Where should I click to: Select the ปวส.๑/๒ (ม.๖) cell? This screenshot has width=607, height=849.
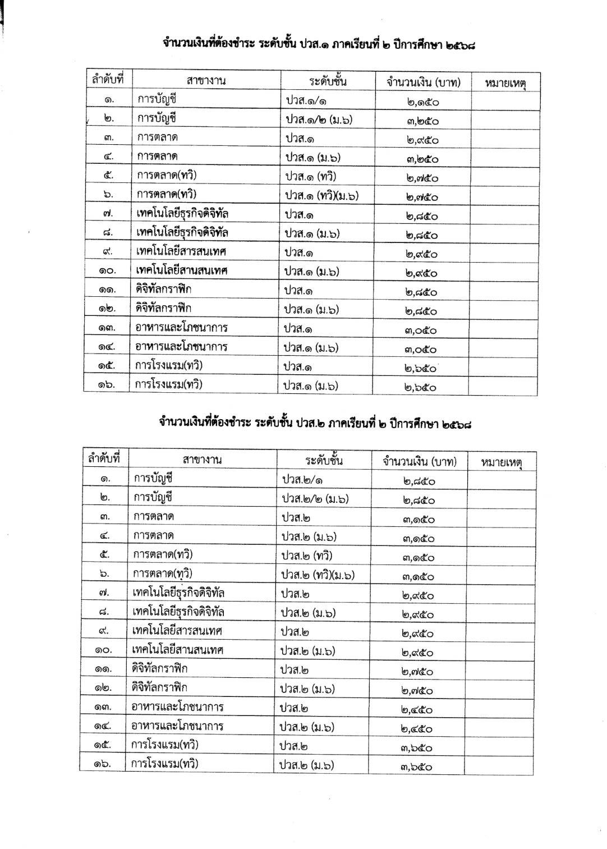coord(319,119)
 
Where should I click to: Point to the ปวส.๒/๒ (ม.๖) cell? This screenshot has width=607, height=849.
coord(315,498)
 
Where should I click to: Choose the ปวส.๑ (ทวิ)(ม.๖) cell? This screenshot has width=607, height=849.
coord(321,195)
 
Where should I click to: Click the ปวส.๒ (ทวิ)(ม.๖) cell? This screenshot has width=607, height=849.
coord(318,575)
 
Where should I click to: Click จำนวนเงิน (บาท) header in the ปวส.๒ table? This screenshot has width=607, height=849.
coord(420,461)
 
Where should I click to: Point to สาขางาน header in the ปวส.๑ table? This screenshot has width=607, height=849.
coord(206,80)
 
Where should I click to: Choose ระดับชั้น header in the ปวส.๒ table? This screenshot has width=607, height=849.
coord(324,461)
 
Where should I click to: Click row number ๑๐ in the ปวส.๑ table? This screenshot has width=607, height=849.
coord(107,271)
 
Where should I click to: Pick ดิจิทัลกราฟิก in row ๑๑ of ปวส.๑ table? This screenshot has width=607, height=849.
coord(167,290)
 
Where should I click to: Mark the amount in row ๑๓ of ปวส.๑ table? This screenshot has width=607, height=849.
coord(421,330)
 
